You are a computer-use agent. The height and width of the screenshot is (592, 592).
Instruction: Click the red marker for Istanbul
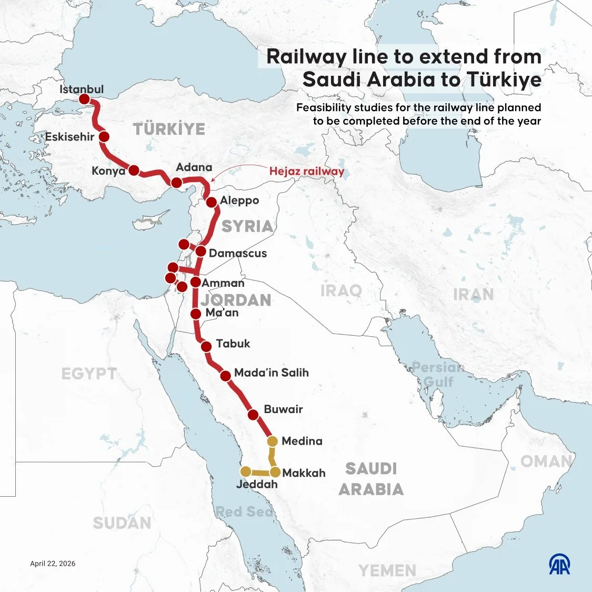pos(84,99)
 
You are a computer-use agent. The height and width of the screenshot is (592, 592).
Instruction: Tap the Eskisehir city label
pos(69,137)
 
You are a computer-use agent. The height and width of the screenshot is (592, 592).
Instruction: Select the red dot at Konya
pos(134,170)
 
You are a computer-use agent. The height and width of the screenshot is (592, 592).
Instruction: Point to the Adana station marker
pos(177,183)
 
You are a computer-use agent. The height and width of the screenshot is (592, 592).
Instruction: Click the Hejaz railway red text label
pos(306,171)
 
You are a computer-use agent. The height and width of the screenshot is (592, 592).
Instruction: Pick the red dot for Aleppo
pos(211,202)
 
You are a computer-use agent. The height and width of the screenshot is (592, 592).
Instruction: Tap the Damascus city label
pos(237,253)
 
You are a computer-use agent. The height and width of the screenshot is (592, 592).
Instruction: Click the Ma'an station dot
pos(195,314)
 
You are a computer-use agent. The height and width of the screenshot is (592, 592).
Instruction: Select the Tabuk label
pos(233,344)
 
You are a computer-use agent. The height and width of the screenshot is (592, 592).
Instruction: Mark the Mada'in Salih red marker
pos(225,375)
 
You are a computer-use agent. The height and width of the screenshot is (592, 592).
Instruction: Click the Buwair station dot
pos(253,414)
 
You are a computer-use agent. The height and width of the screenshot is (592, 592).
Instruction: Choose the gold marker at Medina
pos(273,441)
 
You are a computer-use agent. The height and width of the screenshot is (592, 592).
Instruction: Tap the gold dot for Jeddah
pos(245,471)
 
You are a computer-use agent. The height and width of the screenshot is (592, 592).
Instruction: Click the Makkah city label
pos(304,473)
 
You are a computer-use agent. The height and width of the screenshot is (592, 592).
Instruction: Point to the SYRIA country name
pos(247,226)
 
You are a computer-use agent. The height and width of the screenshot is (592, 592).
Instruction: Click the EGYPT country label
pos(89,374)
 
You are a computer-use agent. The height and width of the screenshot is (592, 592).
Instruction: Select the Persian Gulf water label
pos(438,374)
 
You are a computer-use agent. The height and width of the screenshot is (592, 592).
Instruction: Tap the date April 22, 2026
pos(53,564)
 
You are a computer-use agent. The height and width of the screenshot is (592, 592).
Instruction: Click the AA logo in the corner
pos(559,565)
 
